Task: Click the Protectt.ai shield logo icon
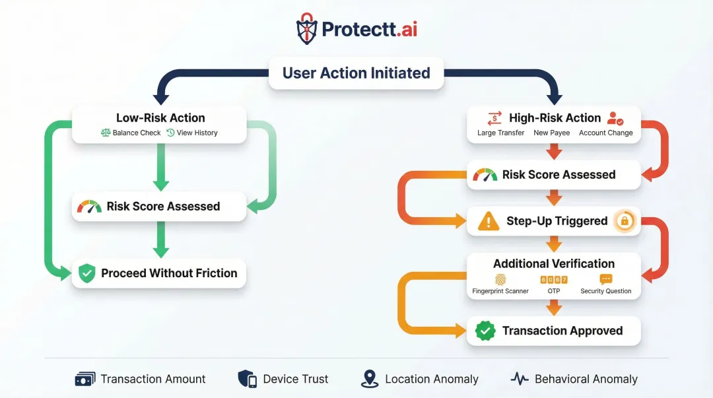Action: (x=307, y=28)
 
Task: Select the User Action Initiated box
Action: (x=356, y=73)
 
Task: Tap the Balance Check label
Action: (x=137, y=133)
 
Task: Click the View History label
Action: (x=197, y=133)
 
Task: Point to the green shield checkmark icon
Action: (x=87, y=273)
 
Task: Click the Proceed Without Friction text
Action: (x=169, y=273)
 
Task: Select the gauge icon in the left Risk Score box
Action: (x=89, y=207)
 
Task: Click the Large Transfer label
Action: (x=500, y=133)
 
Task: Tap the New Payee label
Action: (x=551, y=133)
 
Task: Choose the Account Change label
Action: (x=605, y=133)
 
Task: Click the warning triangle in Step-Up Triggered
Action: (x=489, y=221)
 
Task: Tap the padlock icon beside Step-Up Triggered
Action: (x=624, y=221)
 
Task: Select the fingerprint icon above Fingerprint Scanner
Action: (x=500, y=279)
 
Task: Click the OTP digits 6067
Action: (x=553, y=279)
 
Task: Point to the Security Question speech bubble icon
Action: (x=605, y=279)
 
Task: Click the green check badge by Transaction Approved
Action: (x=485, y=331)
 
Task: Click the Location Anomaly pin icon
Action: (x=370, y=379)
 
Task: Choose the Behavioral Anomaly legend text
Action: (x=586, y=379)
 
